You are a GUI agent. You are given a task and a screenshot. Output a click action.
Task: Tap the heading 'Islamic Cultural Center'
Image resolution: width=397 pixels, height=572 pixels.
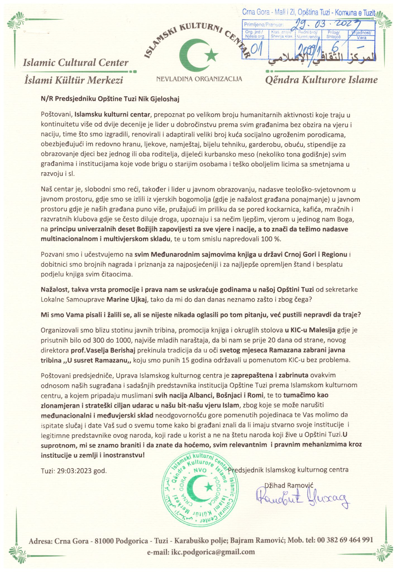pos(76,63)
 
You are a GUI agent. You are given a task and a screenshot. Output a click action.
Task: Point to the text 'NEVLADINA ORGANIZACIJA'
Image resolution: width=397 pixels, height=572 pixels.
pos(199,79)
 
